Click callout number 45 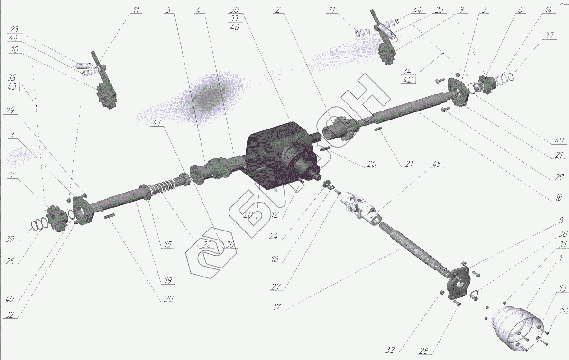(436, 164)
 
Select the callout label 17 (276, 307)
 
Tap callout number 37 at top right (549, 36)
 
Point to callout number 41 (157, 122)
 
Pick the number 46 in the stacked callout (234, 27)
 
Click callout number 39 (10, 239)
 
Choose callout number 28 (423, 351)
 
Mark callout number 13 (562, 288)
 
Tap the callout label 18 (559, 198)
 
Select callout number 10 (15, 49)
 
